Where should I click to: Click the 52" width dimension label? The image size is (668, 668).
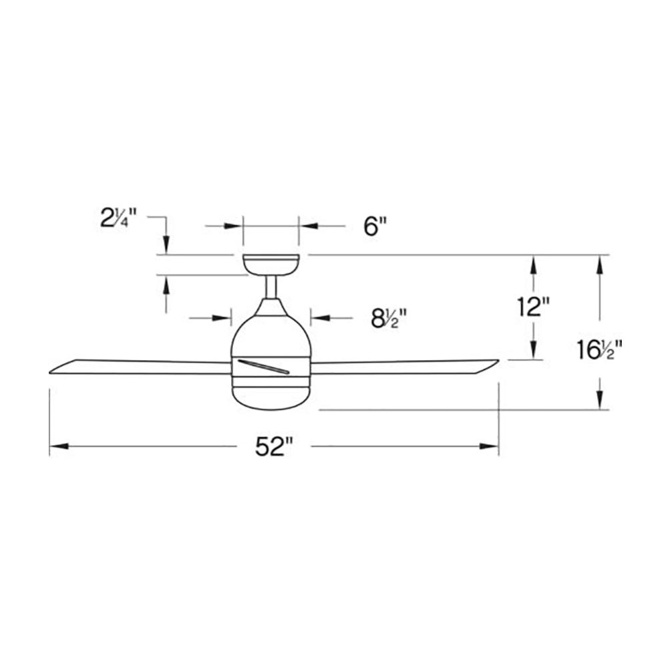coord(275,447)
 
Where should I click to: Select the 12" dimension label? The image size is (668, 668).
coord(533,307)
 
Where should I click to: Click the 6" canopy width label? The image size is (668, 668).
coord(375,226)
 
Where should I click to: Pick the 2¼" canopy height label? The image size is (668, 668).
coord(118,218)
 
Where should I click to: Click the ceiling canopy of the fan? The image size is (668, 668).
coord(271,265)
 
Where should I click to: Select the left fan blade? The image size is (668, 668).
coord(140,367)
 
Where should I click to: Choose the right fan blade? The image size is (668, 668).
coord(405,367)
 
